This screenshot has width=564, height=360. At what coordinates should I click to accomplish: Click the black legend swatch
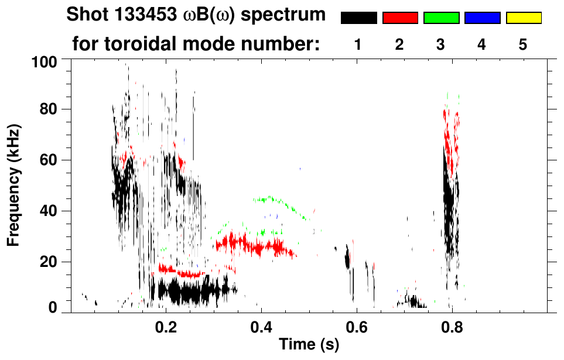(x=358, y=18)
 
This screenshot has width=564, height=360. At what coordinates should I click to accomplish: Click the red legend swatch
(x=400, y=18)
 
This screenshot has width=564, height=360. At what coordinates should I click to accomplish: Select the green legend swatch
(x=441, y=18)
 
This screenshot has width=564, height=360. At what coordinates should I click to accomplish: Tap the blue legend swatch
(x=482, y=18)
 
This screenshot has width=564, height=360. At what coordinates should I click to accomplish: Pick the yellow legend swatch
(x=524, y=18)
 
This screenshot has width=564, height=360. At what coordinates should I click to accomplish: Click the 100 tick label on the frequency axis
(x=43, y=61)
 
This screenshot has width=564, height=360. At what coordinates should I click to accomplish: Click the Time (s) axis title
(x=308, y=345)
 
